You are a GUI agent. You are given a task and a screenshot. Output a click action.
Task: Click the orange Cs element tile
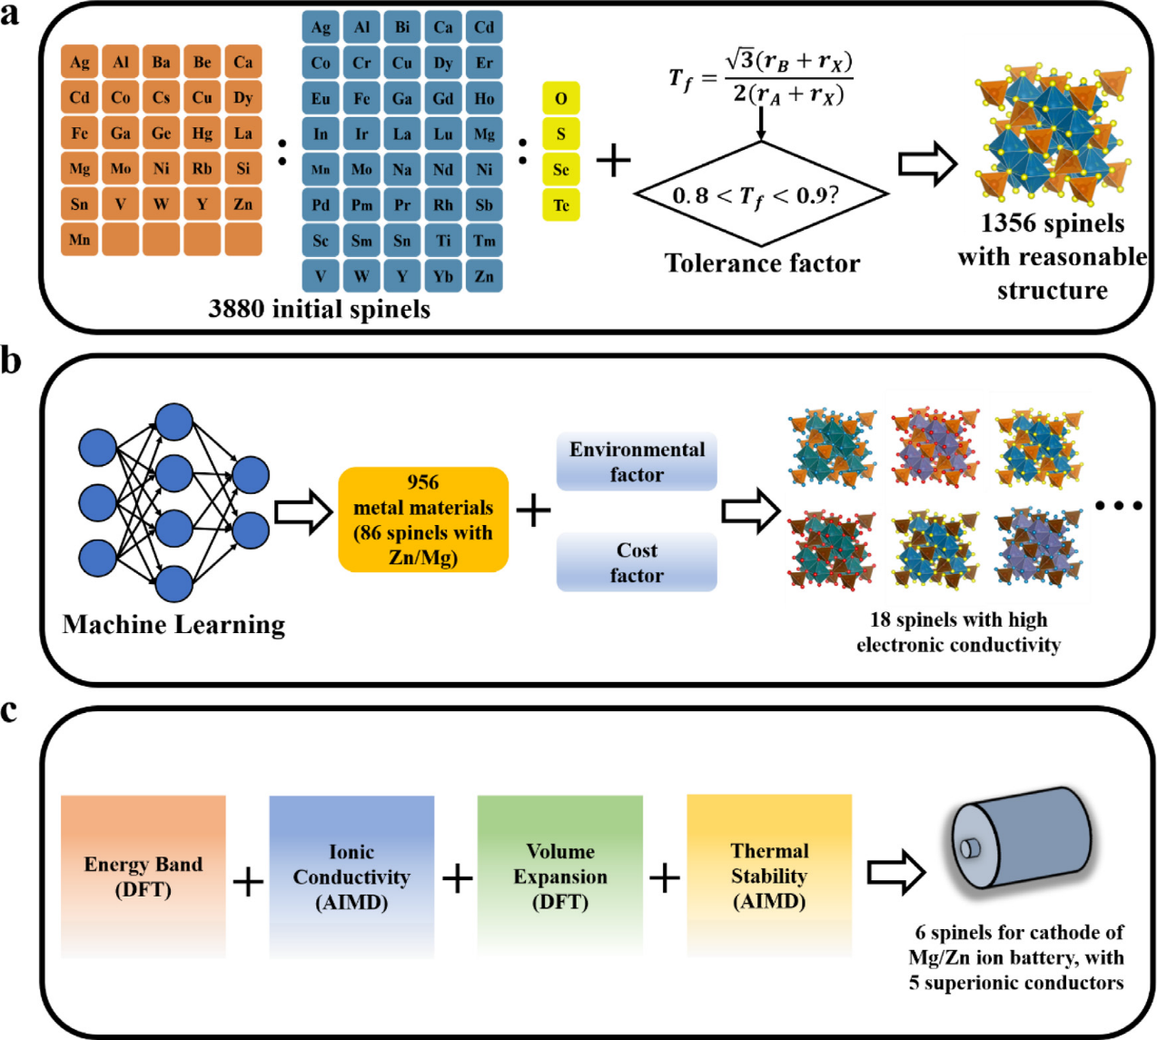pyautogui.click(x=161, y=97)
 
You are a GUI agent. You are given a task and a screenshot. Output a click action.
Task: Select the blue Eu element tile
pyautogui.click(x=320, y=98)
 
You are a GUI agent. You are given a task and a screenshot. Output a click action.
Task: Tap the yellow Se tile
pyautogui.click(x=560, y=169)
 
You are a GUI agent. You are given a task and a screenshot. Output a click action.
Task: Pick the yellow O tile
pyautogui.click(x=560, y=98)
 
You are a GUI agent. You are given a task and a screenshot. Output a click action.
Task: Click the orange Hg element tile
pyautogui.click(x=202, y=133)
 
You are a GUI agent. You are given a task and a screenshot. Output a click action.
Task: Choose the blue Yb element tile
pyautogui.click(x=443, y=276)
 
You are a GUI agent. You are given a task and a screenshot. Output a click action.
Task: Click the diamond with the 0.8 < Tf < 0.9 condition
pyautogui.click(x=761, y=193)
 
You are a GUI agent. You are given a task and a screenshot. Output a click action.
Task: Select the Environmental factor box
pyautogui.click(x=637, y=461)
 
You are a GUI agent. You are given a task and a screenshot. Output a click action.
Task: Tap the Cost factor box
pyautogui.click(x=637, y=561)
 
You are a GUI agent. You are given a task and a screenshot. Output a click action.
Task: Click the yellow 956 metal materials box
pyautogui.click(x=423, y=520)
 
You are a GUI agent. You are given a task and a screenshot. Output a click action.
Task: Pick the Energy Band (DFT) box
pyautogui.click(x=143, y=877)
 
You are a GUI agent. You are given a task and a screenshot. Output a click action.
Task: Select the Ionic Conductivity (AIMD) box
pyautogui.click(x=351, y=877)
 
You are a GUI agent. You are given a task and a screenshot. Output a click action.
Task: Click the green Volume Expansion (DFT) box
pyautogui.click(x=560, y=877)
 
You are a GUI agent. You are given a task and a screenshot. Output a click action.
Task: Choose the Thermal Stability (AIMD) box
pyautogui.click(x=769, y=876)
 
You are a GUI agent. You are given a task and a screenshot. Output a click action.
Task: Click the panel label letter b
pyautogui.click(x=10, y=362)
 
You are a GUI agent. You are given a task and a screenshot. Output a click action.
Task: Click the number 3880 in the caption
pyautogui.click(x=236, y=309)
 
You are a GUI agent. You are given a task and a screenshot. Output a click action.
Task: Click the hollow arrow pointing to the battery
pyautogui.click(x=896, y=872)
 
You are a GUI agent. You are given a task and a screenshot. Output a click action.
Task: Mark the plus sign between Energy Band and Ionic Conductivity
pyautogui.click(x=248, y=881)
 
